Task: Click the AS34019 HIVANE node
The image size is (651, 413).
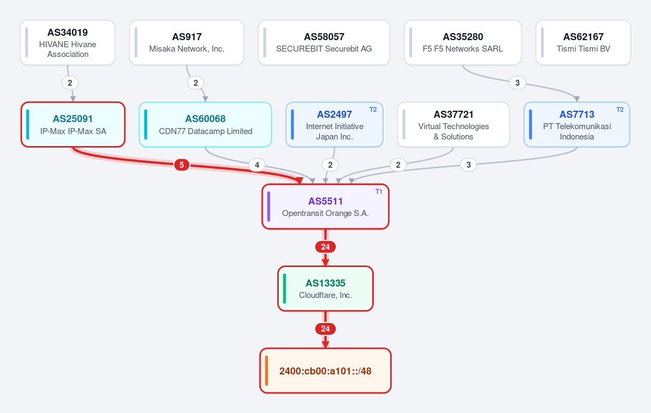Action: pyautogui.click(x=68, y=42)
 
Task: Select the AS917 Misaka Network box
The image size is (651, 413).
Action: pyautogui.click(x=187, y=42)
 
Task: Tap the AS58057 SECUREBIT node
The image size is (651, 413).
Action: pyautogui.click(x=324, y=42)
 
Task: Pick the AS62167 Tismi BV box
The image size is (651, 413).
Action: pyautogui.click(x=583, y=42)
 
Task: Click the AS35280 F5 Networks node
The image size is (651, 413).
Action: pyautogui.click(x=463, y=42)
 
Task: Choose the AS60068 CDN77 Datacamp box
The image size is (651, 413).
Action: pyautogui.click(x=205, y=124)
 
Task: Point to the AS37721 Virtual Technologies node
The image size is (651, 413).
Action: pyautogui.click(x=454, y=124)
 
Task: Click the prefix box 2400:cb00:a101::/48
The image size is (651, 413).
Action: pyautogui.click(x=325, y=371)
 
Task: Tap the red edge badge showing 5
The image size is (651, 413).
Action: pyautogui.click(x=182, y=165)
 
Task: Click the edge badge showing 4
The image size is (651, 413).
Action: pyautogui.click(x=257, y=165)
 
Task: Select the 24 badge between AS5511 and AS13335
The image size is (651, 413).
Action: pyautogui.click(x=325, y=247)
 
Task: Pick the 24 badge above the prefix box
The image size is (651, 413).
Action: pyautogui.click(x=325, y=329)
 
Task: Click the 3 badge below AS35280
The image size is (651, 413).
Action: pyautogui.click(x=518, y=83)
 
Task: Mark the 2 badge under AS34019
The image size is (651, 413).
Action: pyautogui.click(x=70, y=83)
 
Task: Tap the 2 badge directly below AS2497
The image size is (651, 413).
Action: pyautogui.click(x=330, y=165)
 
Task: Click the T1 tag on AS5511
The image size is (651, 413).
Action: pyautogui.click(x=379, y=192)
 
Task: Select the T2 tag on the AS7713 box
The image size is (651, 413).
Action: pyautogui.click(x=620, y=110)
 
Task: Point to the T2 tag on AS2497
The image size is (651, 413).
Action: pyautogui.click(x=373, y=110)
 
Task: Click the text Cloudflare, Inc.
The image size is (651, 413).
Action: pyautogui.click(x=325, y=295)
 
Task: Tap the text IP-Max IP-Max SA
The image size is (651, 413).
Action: pyautogui.click(x=73, y=131)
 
